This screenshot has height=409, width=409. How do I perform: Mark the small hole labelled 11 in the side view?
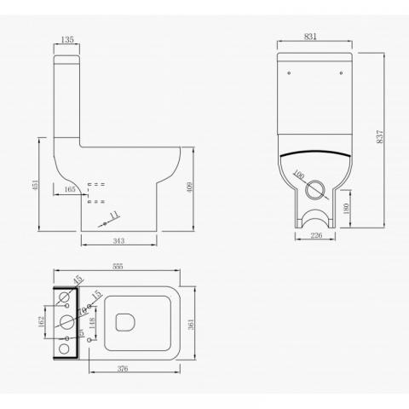[x=103, y=222]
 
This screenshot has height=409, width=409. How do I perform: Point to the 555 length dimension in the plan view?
[x=118, y=267]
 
